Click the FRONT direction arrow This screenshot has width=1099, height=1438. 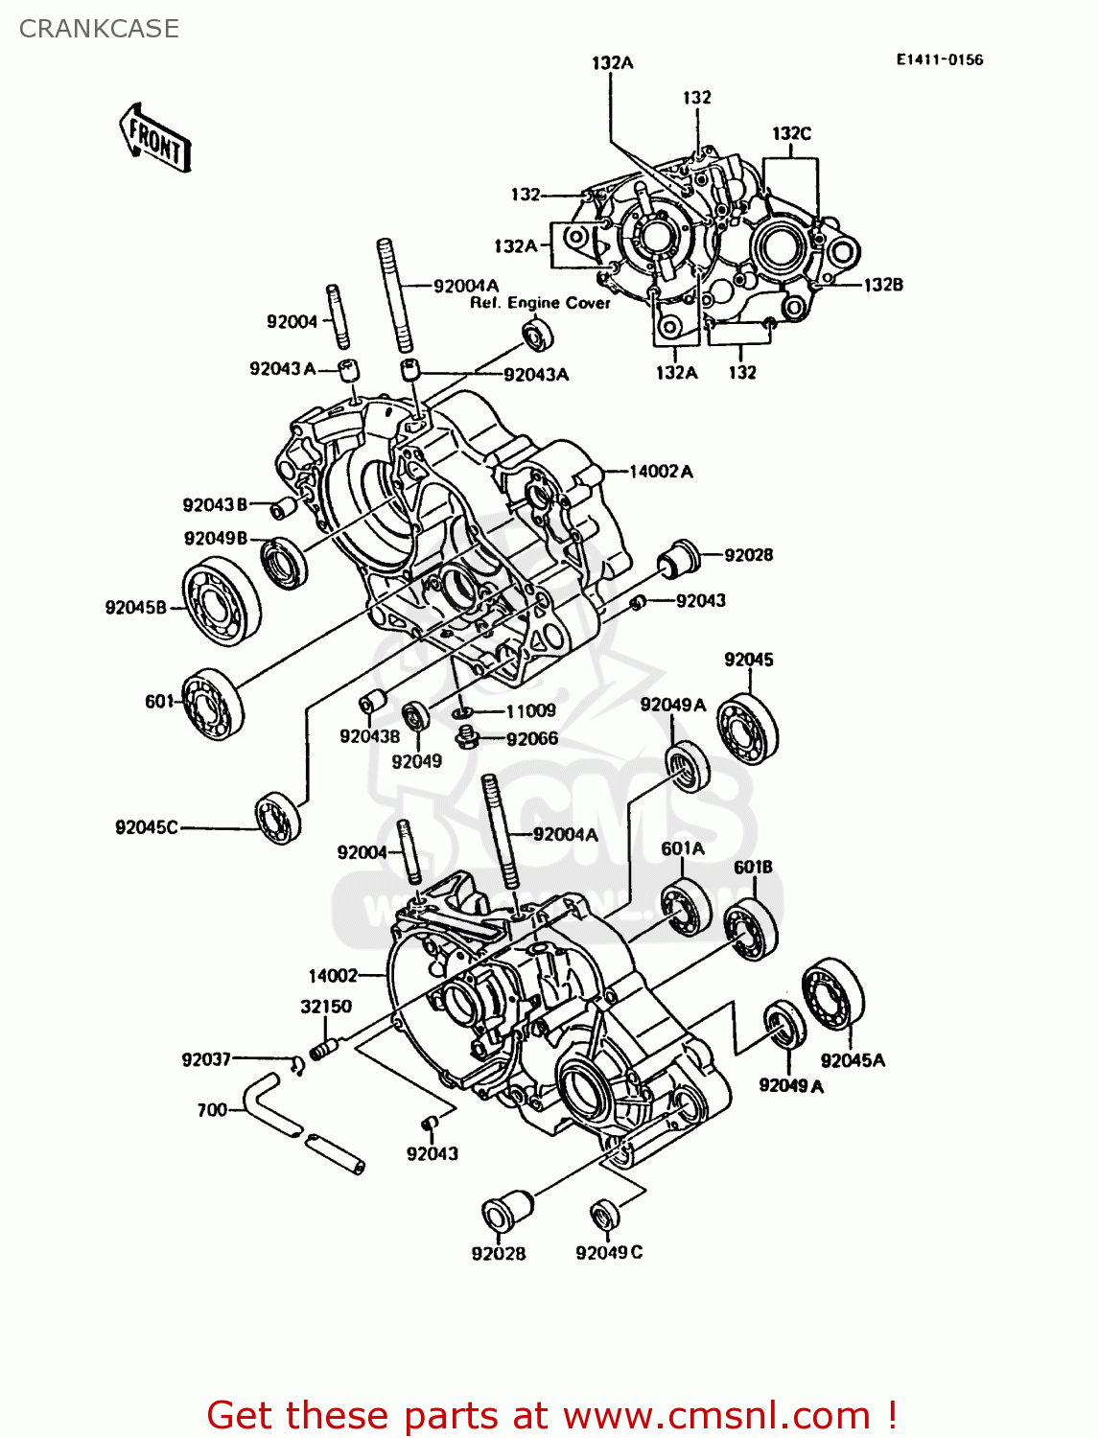point(155,138)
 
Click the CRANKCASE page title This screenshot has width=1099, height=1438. point(99,29)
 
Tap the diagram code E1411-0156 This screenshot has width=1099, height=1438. point(939,59)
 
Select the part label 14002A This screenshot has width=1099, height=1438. point(661,471)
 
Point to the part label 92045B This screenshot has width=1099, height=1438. point(135,607)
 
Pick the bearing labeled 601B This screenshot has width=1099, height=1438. point(751,928)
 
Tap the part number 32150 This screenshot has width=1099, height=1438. point(325,1006)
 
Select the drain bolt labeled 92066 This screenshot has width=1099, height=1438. point(467,738)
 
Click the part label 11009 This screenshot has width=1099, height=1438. point(530,710)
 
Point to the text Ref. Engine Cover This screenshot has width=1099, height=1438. point(540,303)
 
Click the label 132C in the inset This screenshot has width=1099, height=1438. point(791,133)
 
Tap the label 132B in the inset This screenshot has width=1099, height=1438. point(883,285)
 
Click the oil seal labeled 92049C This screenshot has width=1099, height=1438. point(604,1215)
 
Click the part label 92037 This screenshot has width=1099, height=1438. point(206,1058)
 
